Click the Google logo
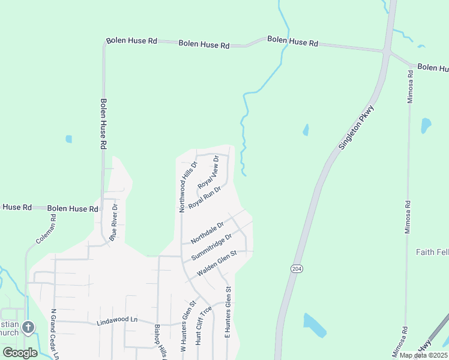[20, 352]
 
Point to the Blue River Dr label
[114, 222]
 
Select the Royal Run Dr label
[205, 197]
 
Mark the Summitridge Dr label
[211, 247]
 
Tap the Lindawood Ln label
[117, 321]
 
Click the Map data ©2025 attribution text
[424, 355]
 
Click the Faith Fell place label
[432, 252]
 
